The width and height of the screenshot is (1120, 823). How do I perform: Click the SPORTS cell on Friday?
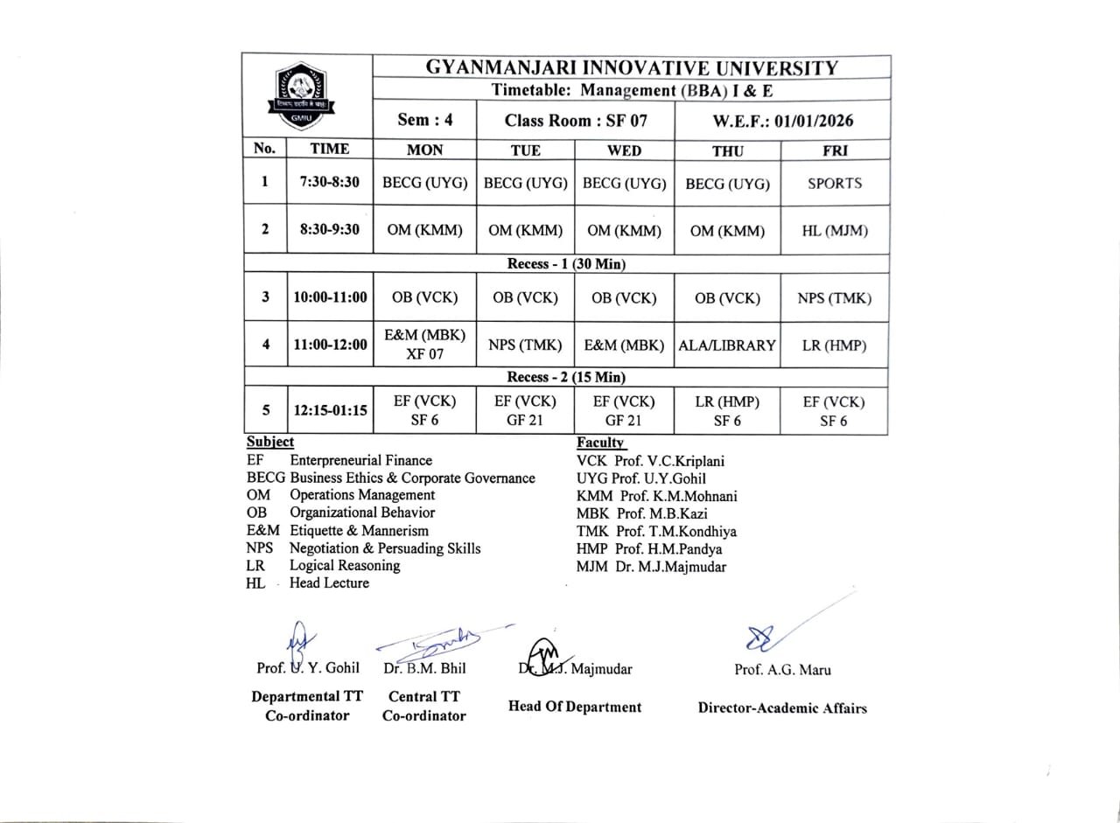click(x=834, y=184)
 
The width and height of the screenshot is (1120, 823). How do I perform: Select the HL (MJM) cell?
click(x=834, y=231)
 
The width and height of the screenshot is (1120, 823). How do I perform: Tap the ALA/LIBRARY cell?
click(x=727, y=345)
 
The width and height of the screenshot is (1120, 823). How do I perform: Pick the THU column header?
click(x=727, y=150)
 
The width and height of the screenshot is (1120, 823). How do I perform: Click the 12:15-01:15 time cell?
click(x=330, y=409)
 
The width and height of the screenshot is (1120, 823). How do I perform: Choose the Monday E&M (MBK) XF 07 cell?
click(x=424, y=345)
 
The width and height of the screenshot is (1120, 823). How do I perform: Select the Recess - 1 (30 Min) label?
click(x=566, y=263)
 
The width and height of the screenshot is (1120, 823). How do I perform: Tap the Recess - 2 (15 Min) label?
click(x=566, y=378)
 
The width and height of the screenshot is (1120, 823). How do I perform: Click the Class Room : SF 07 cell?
click(x=575, y=121)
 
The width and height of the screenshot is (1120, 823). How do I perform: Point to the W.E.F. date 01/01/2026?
click(x=783, y=121)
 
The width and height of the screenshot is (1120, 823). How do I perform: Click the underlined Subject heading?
click(x=270, y=443)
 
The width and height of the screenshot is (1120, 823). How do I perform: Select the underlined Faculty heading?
click(x=600, y=443)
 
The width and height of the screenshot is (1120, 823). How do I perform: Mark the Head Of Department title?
click(x=574, y=707)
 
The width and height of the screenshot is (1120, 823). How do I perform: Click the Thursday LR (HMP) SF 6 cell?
click(x=727, y=411)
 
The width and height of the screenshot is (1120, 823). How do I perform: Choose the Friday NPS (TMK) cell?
click(x=834, y=298)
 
